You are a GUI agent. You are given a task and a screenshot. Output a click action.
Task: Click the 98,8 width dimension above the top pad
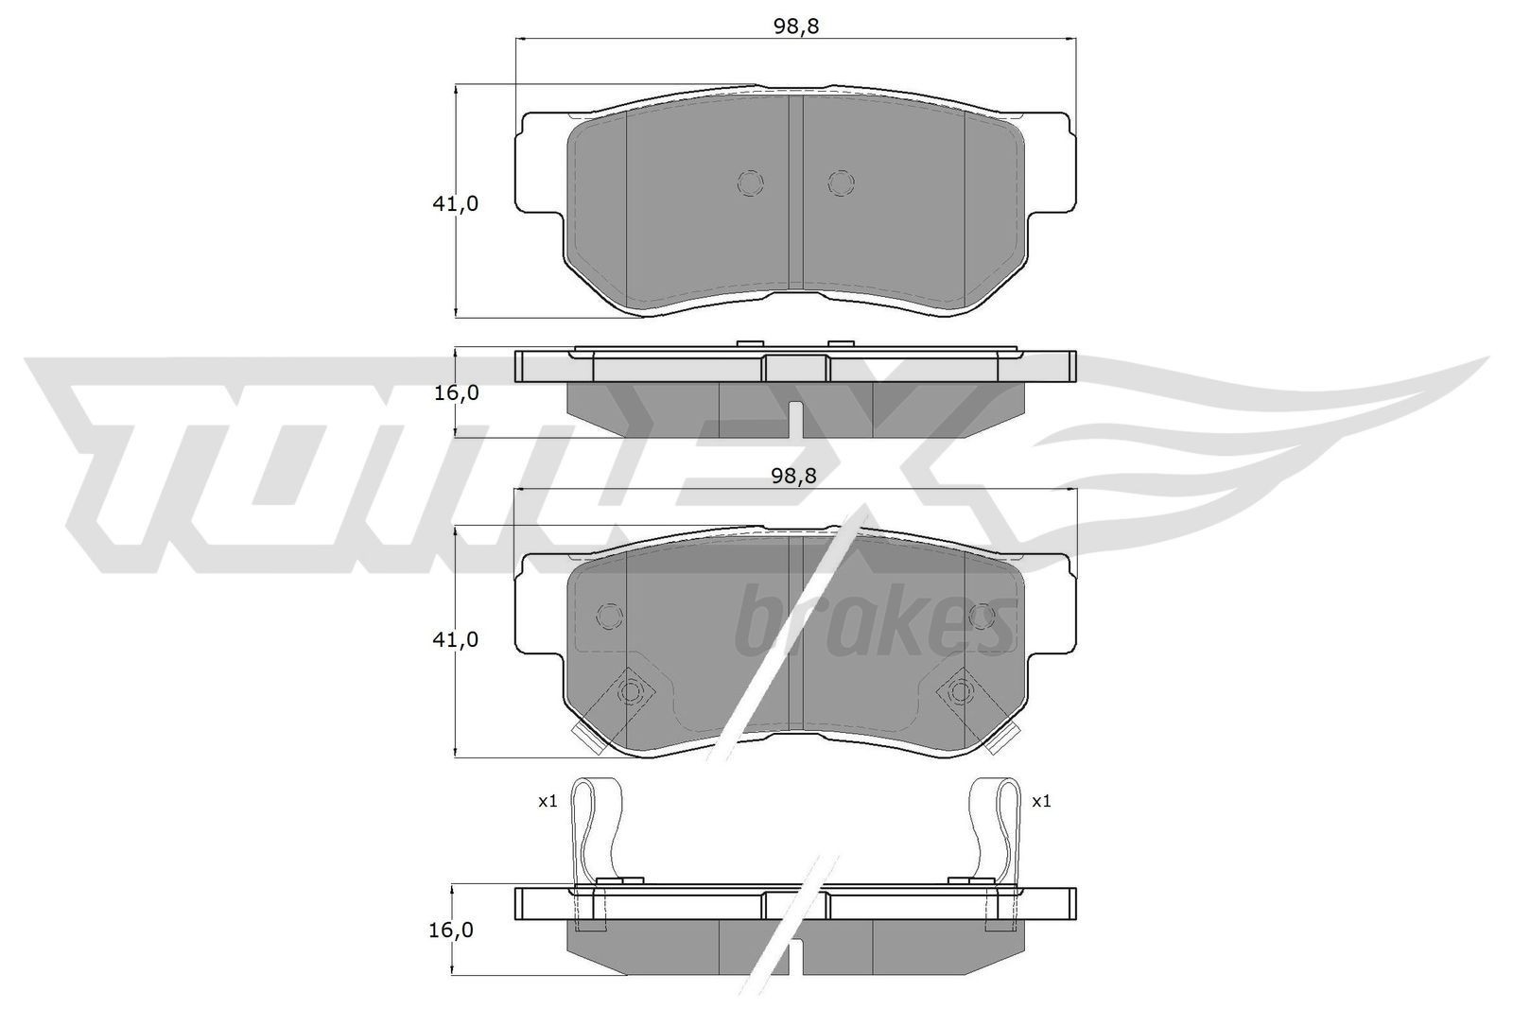coord(795,26)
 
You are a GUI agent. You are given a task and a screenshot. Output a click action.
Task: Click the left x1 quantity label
coord(548,801)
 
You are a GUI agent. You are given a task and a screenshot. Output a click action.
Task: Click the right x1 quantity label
coord(1041,801)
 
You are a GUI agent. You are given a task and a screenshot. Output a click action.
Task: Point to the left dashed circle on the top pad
coord(749,183)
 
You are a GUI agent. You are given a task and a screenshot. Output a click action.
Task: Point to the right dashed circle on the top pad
coord(840,183)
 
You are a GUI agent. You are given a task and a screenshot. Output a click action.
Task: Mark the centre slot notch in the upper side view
coord(796,419)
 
